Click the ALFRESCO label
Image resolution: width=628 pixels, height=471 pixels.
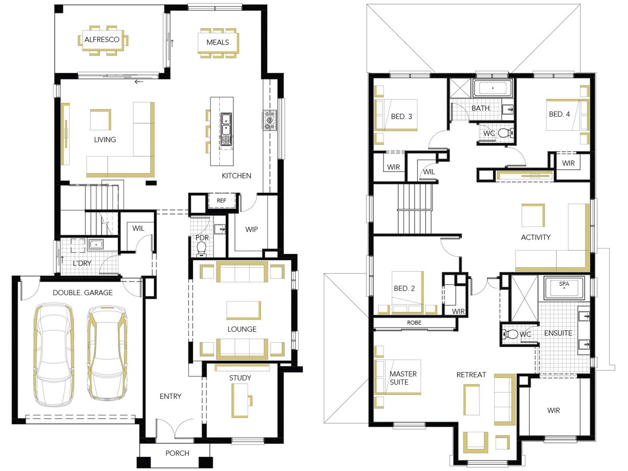point(102,39)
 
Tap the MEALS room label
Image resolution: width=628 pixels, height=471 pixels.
point(218,42)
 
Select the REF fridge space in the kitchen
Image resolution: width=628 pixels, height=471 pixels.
point(221,200)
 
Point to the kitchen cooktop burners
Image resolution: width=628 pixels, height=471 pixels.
point(270,120)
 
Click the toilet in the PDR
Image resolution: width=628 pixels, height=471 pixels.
point(201,249)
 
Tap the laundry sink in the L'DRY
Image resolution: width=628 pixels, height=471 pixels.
point(96,245)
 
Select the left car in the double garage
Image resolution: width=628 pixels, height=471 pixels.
point(54,355)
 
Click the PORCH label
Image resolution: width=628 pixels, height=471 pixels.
point(177,453)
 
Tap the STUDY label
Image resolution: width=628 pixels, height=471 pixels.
point(240,378)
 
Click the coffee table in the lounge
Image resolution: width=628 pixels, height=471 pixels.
point(244,310)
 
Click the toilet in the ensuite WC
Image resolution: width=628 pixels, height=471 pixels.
point(510,334)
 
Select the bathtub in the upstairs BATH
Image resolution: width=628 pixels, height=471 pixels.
point(492,88)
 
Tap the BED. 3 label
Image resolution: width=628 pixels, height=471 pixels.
point(401,116)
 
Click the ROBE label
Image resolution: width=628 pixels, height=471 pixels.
point(414,322)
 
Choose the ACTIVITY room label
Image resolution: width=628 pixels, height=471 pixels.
point(535,237)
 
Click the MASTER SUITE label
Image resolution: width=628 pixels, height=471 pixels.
point(403,378)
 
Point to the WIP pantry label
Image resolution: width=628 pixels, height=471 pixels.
point(252,229)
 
